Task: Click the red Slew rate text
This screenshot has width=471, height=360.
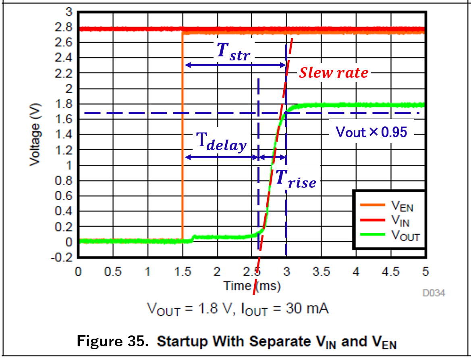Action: [x=333, y=73]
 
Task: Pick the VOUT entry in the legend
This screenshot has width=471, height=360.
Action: [x=405, y=236]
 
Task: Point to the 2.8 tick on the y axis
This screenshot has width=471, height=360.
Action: [x=64, y=28]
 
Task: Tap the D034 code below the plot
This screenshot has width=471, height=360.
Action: [x=434, y=293]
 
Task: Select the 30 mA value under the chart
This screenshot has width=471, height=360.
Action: [x=307, y=309]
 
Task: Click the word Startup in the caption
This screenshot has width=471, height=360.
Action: [x=182, y=341]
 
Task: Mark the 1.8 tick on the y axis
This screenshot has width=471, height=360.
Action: [x=64, y=104]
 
